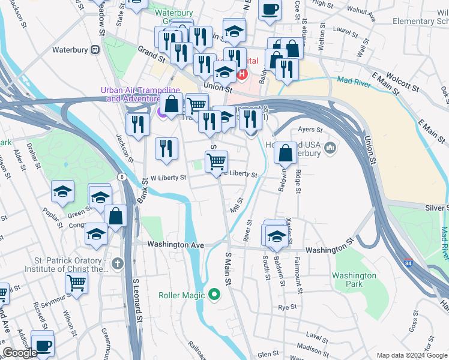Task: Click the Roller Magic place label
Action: pyautogui.click(x=182, y=295)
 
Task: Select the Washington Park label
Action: pyautogui.click(x=354, y=280)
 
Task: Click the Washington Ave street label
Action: pyautogui.click(x=176, y=245)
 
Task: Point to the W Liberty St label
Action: pyautogui.click(x=168, y=178)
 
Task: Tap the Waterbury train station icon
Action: pyautogui.click(x=95, y=50)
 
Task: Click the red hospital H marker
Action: pyautogui.click(x=242, y=74)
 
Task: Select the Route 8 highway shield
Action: pyautogui.click(x=122, y=177)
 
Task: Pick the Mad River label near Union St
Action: pyautogui.click(x=353, y=82)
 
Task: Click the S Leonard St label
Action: pyautogui.click(x=136, y=298)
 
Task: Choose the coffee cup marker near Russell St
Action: pyautogui.click(x=43, y=346)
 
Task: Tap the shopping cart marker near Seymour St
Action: pyautogui.click(x=76, y=281)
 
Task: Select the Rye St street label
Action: pyautogui.click(x=284, y=307)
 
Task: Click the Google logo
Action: pyautogui.click(x=20, y=353)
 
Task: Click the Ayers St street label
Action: pyautogui.click(x=310, y=129)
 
